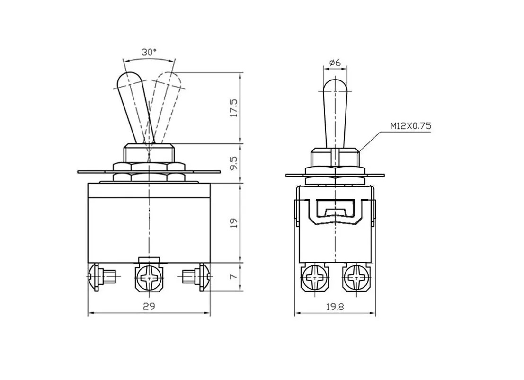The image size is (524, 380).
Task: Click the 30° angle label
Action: (149, 52)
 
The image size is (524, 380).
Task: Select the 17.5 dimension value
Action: (234, 107)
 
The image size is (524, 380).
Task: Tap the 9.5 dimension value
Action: (234, 163)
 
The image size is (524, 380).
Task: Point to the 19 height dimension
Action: (234, 222)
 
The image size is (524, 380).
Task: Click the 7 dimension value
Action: (234, 277)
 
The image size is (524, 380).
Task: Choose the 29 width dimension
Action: (149, 307)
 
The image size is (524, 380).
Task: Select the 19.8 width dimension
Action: (335, 307)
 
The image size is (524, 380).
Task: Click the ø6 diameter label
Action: (335, 62)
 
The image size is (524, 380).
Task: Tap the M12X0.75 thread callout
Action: (411, 126)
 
